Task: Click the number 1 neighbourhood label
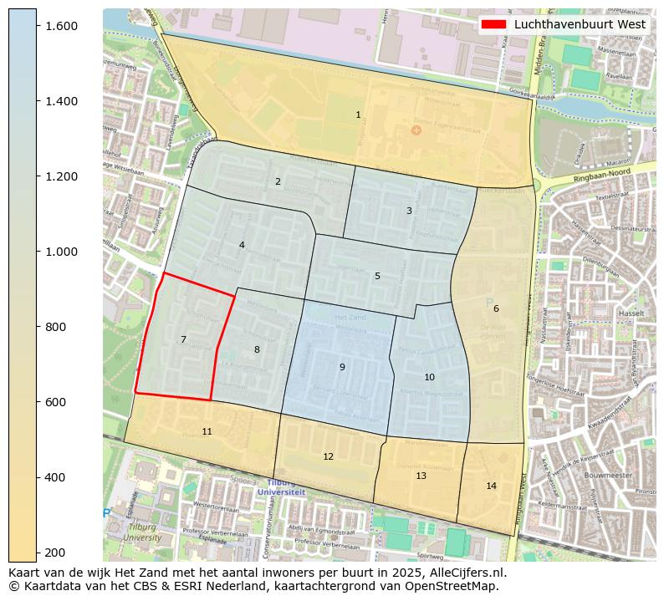358,115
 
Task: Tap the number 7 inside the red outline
183,340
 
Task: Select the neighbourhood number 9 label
342,368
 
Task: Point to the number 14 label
491,486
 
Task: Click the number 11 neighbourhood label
207,432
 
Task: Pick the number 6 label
496,309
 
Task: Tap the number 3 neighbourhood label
409,211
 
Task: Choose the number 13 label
421,476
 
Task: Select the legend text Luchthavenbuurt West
580,25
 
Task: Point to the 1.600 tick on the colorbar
61,26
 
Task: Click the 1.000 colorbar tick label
61,252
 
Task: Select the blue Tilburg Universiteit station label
282,488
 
